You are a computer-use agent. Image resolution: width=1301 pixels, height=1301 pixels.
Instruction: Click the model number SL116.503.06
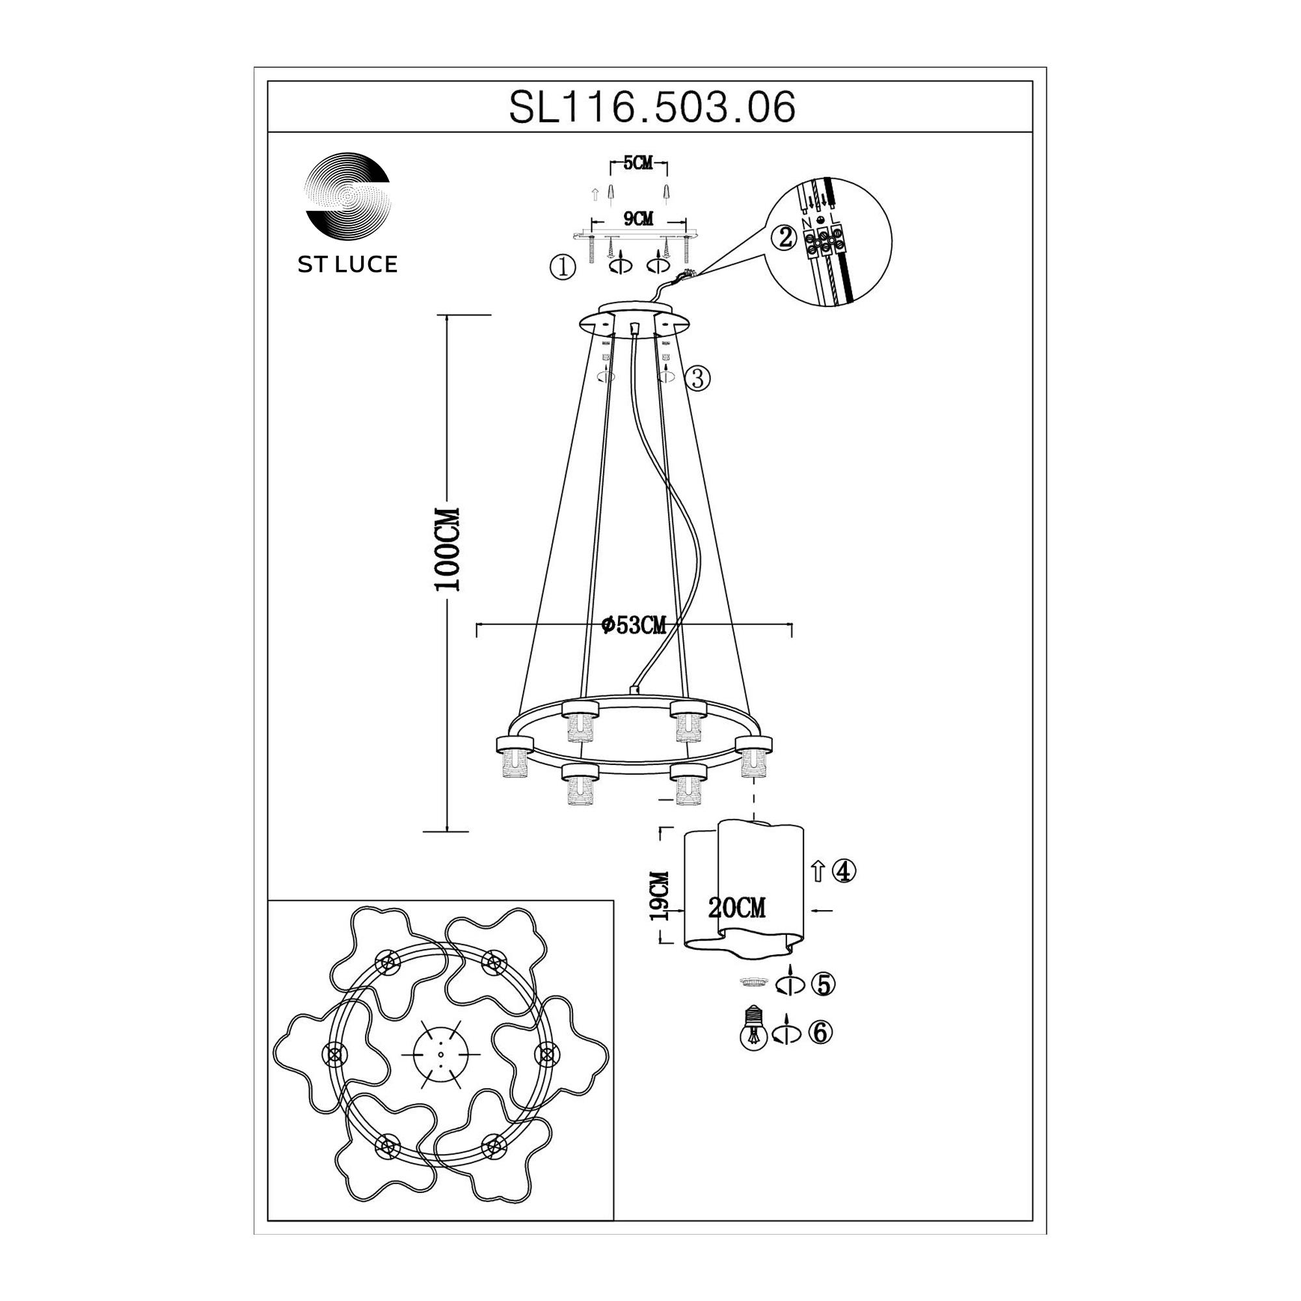pos(652,107)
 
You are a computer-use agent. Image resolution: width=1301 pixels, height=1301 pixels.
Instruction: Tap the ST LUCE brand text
pos(347,265)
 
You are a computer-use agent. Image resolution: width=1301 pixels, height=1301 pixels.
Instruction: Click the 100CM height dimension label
pos(447,550)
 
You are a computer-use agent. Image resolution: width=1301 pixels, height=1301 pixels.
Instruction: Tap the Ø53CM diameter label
pos(634,626)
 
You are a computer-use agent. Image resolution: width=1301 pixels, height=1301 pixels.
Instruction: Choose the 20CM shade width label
pos(737,908)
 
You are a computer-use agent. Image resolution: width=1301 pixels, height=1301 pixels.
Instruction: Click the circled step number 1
pos(563,268)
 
